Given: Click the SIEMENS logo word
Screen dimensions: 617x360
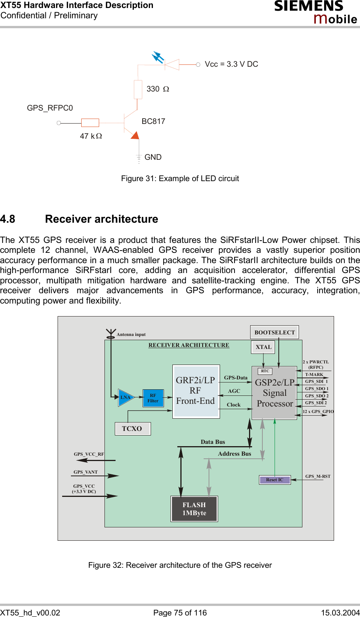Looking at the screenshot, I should coord(309,6).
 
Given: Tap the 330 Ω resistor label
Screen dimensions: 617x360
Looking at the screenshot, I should coord(157,89).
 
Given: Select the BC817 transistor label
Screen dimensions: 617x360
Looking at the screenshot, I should coord(153,121).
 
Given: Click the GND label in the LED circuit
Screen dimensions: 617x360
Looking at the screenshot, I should coord(153,157).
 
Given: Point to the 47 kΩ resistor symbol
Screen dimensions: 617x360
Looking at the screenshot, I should coord(90,123).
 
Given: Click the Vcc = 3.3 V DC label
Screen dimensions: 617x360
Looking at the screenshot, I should coord(231,64).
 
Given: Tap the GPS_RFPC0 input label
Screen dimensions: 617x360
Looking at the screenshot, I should coord(50,108).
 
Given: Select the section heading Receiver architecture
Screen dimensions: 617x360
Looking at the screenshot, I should coord(101,219).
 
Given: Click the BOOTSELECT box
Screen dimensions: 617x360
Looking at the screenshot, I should coord(275,332).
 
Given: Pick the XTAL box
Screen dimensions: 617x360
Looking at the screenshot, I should coord(264,347).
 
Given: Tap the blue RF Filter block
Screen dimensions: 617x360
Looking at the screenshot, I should coord(153,398).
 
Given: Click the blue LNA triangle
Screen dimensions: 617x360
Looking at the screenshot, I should coord(125,397).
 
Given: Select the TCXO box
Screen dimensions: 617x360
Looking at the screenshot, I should coord(132,429).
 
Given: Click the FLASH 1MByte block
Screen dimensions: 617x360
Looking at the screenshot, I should coord(194,509).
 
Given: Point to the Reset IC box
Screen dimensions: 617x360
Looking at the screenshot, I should coord(275,480).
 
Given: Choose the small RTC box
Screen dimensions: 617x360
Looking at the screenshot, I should coord(265,371).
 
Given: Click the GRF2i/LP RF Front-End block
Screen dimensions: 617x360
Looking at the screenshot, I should coord(196,391).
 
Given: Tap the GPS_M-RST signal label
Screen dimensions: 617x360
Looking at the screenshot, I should coord(318,476).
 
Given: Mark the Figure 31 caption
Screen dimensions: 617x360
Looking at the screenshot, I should coord(180,178).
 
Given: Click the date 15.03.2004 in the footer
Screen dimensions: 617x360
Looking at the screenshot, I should coord(340,612).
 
